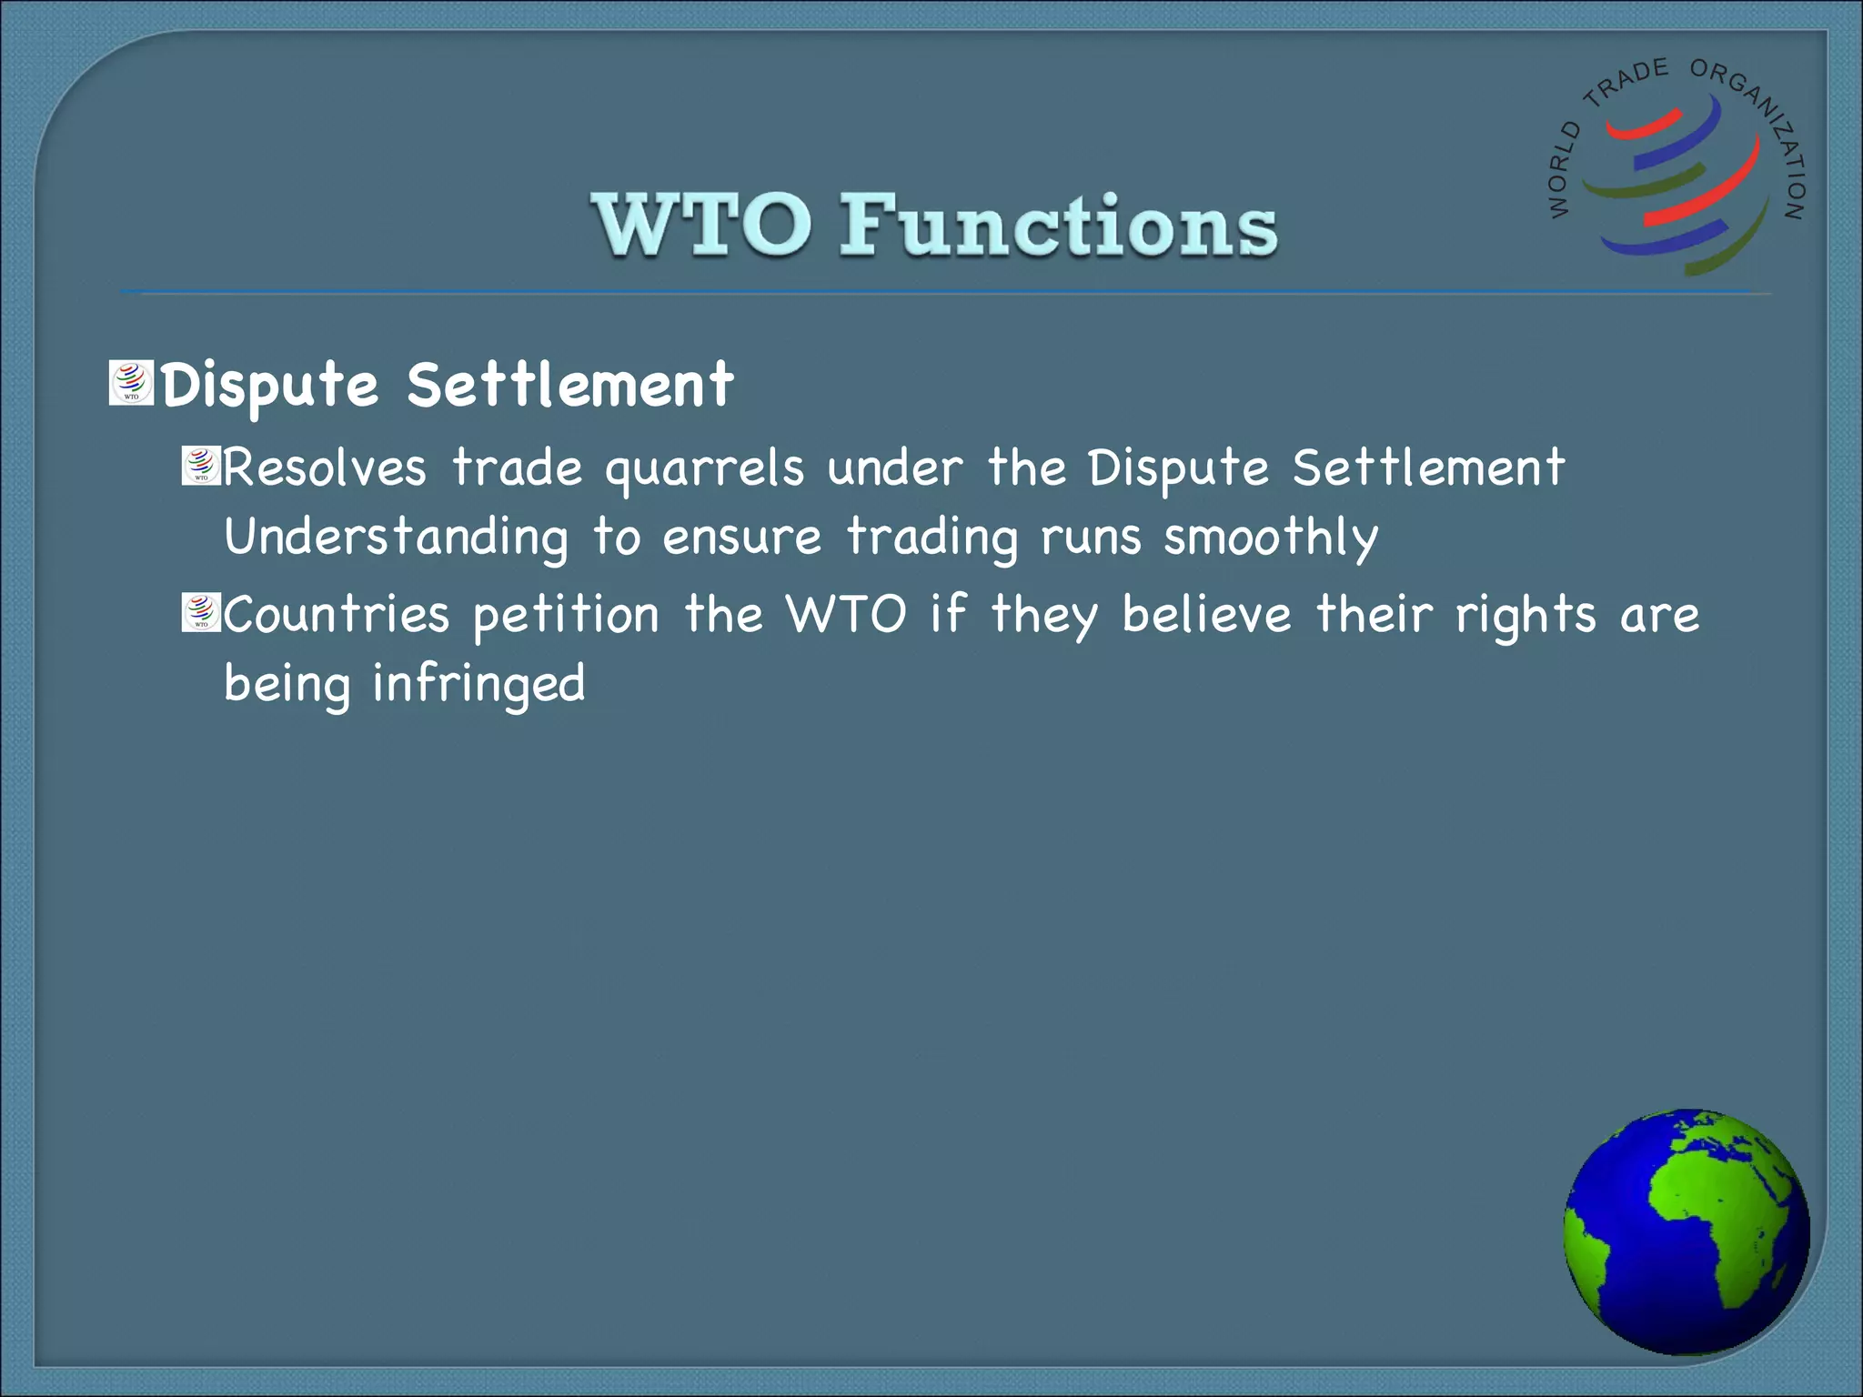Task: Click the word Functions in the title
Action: pos(1058,225)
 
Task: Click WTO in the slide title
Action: pos(701,225)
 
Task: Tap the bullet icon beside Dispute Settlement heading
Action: pos(131,383)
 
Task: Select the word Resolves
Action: pos(325,468)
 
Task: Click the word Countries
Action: pos(337,615)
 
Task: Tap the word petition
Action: pos(566,617)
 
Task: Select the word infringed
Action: pos(478,685)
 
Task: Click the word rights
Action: pos(1526,617)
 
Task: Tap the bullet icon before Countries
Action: pos(201,612)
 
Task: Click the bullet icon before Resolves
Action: pos(201,466)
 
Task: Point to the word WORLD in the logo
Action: pos(1562,170)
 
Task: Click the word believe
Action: pos(1206,615)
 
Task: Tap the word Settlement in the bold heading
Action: pos(569,385)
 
